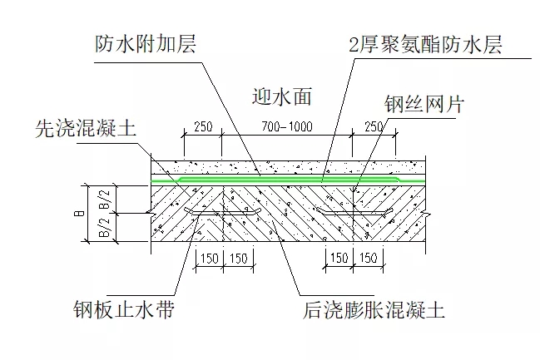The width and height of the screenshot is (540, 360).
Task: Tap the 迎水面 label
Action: [x=280, y=96]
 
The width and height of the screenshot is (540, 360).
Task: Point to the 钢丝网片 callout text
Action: [x=423, y=106]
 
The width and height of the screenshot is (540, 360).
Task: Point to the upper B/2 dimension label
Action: [x=103, y=198]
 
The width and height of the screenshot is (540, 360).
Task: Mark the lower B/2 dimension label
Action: [x=103, y=228]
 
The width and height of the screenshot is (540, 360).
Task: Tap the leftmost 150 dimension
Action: [x=208, y=259]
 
